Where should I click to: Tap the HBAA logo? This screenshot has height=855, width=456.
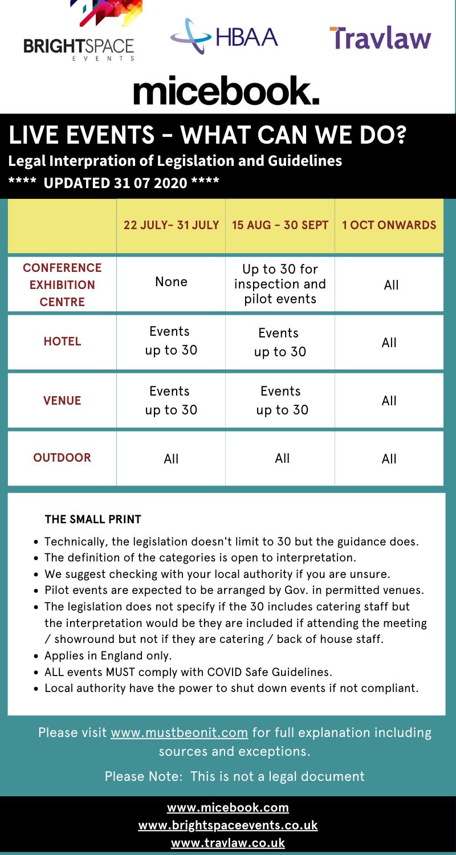click(225, 36)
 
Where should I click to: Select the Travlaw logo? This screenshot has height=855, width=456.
click(380, 38)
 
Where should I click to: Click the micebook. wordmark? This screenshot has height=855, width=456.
click(226, 91)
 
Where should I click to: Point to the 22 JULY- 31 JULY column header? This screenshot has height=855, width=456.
click(171, 225)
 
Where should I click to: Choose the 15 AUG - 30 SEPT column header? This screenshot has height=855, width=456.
click(280, 225)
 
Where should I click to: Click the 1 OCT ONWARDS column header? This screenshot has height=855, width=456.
click(389, 225)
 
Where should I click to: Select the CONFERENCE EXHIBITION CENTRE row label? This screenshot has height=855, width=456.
click(62, 284)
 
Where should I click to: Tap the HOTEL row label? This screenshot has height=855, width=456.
click(62, 342)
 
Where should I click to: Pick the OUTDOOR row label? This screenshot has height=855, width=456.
click(62, 458)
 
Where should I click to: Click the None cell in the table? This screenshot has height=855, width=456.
click(171, 282)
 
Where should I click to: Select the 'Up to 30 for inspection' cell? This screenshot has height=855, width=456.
click(280, 284)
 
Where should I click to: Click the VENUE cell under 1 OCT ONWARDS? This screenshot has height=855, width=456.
click(389, 400)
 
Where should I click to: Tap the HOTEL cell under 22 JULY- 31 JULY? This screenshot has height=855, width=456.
click(171, 341)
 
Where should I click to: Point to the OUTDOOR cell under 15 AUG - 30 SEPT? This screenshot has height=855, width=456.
click(282, 458)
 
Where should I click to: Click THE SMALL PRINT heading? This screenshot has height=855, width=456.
click(93, 519)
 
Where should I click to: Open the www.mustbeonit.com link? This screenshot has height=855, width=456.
click(179, 732)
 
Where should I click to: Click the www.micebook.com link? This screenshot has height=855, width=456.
click(228, 808)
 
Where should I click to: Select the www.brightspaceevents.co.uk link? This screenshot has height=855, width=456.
click(228, 825)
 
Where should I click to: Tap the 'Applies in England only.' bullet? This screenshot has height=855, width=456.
click(108, 655)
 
